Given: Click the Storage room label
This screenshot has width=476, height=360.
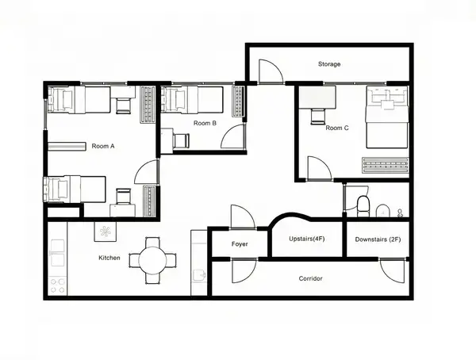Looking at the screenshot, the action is click(329, 64).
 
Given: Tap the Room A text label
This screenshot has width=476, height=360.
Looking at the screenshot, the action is click(103, 146).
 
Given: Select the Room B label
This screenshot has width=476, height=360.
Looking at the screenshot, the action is click(205, 123).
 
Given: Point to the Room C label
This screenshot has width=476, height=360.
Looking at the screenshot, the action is click(337, 128).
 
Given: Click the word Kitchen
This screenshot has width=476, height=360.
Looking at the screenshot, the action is click(109, 258).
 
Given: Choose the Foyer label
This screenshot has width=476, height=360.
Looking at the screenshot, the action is click(240, 243).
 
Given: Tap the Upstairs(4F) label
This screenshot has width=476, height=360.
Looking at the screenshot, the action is click(306, 239).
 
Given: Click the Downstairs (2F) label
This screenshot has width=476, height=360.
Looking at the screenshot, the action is click(378, 239).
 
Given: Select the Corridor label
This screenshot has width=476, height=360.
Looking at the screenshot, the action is click(310, 278).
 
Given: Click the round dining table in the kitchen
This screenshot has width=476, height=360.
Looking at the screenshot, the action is click(152, 260).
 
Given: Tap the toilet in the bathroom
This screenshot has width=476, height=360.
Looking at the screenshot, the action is click(363, 206).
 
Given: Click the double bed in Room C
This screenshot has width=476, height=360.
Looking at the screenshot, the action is click(387, 117).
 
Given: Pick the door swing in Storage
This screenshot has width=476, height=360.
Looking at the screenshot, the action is click(271, 71).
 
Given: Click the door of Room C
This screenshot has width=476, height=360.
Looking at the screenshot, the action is click(320, 168).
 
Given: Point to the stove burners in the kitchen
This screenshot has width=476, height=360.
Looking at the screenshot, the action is click(58, 285).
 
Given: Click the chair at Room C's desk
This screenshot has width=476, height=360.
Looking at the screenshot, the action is click(318, 117).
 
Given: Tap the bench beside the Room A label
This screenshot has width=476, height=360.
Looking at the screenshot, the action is click(67, 147).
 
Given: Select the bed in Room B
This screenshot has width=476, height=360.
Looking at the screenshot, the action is click(192, 99).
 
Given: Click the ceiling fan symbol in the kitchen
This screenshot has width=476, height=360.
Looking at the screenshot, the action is click(105, 232).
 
